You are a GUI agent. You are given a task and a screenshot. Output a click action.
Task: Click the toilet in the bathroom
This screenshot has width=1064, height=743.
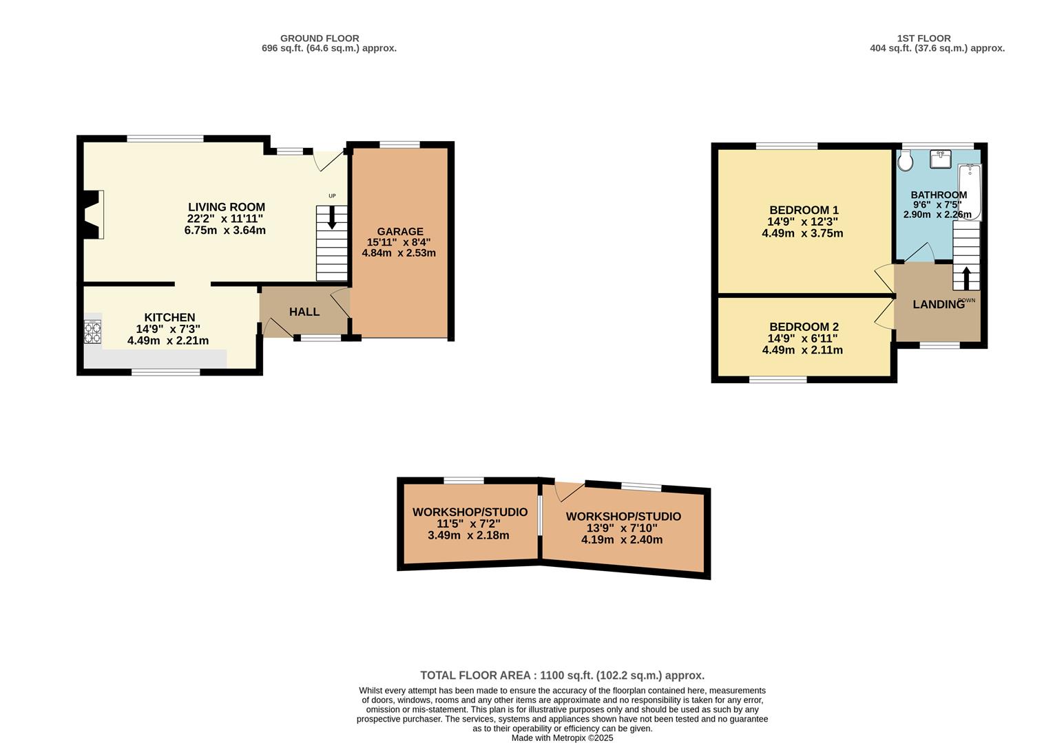905,161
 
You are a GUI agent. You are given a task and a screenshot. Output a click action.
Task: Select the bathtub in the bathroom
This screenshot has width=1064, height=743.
970,192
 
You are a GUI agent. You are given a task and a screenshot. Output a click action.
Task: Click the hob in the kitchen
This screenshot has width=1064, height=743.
92,332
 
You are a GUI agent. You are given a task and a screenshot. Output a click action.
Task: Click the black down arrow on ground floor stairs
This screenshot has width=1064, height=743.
332,217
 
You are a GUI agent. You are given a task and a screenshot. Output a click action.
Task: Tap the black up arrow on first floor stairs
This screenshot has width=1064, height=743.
966,279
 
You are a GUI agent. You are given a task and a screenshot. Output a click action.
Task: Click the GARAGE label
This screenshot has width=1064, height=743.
400,232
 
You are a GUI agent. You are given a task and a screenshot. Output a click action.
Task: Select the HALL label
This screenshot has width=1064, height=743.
304,312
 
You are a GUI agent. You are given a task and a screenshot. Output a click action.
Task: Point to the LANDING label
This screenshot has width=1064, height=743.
939,305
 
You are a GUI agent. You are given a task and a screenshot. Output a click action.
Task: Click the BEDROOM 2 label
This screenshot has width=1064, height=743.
804,327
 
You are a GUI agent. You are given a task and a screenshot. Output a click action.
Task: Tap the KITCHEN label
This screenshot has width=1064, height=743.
169,317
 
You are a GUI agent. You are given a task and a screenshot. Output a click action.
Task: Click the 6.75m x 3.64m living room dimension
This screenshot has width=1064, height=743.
225,230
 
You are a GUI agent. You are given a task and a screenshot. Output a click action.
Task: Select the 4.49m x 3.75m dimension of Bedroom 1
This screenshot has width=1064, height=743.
802,233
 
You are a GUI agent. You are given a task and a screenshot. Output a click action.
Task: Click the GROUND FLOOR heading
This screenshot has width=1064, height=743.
320,39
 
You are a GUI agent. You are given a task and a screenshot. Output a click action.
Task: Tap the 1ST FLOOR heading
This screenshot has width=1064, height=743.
924,39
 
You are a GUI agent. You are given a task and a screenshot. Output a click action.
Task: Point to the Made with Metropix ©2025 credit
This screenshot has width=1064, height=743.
563,737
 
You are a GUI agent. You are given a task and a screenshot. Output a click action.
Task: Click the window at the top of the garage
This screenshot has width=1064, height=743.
399,144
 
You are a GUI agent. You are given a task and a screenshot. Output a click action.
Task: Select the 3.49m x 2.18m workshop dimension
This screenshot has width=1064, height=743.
468,536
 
